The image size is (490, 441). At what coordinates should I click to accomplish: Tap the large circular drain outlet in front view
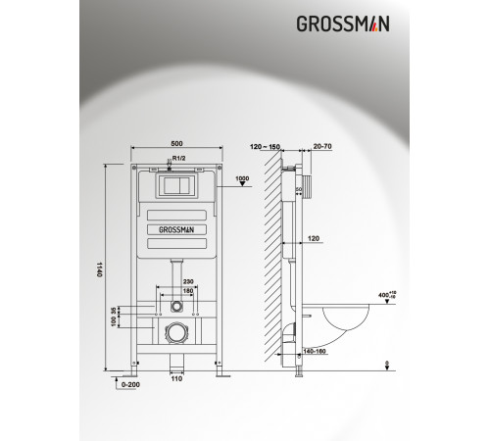[x=177, y=333]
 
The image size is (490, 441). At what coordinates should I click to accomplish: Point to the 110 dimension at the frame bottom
[x=177, y=378]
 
